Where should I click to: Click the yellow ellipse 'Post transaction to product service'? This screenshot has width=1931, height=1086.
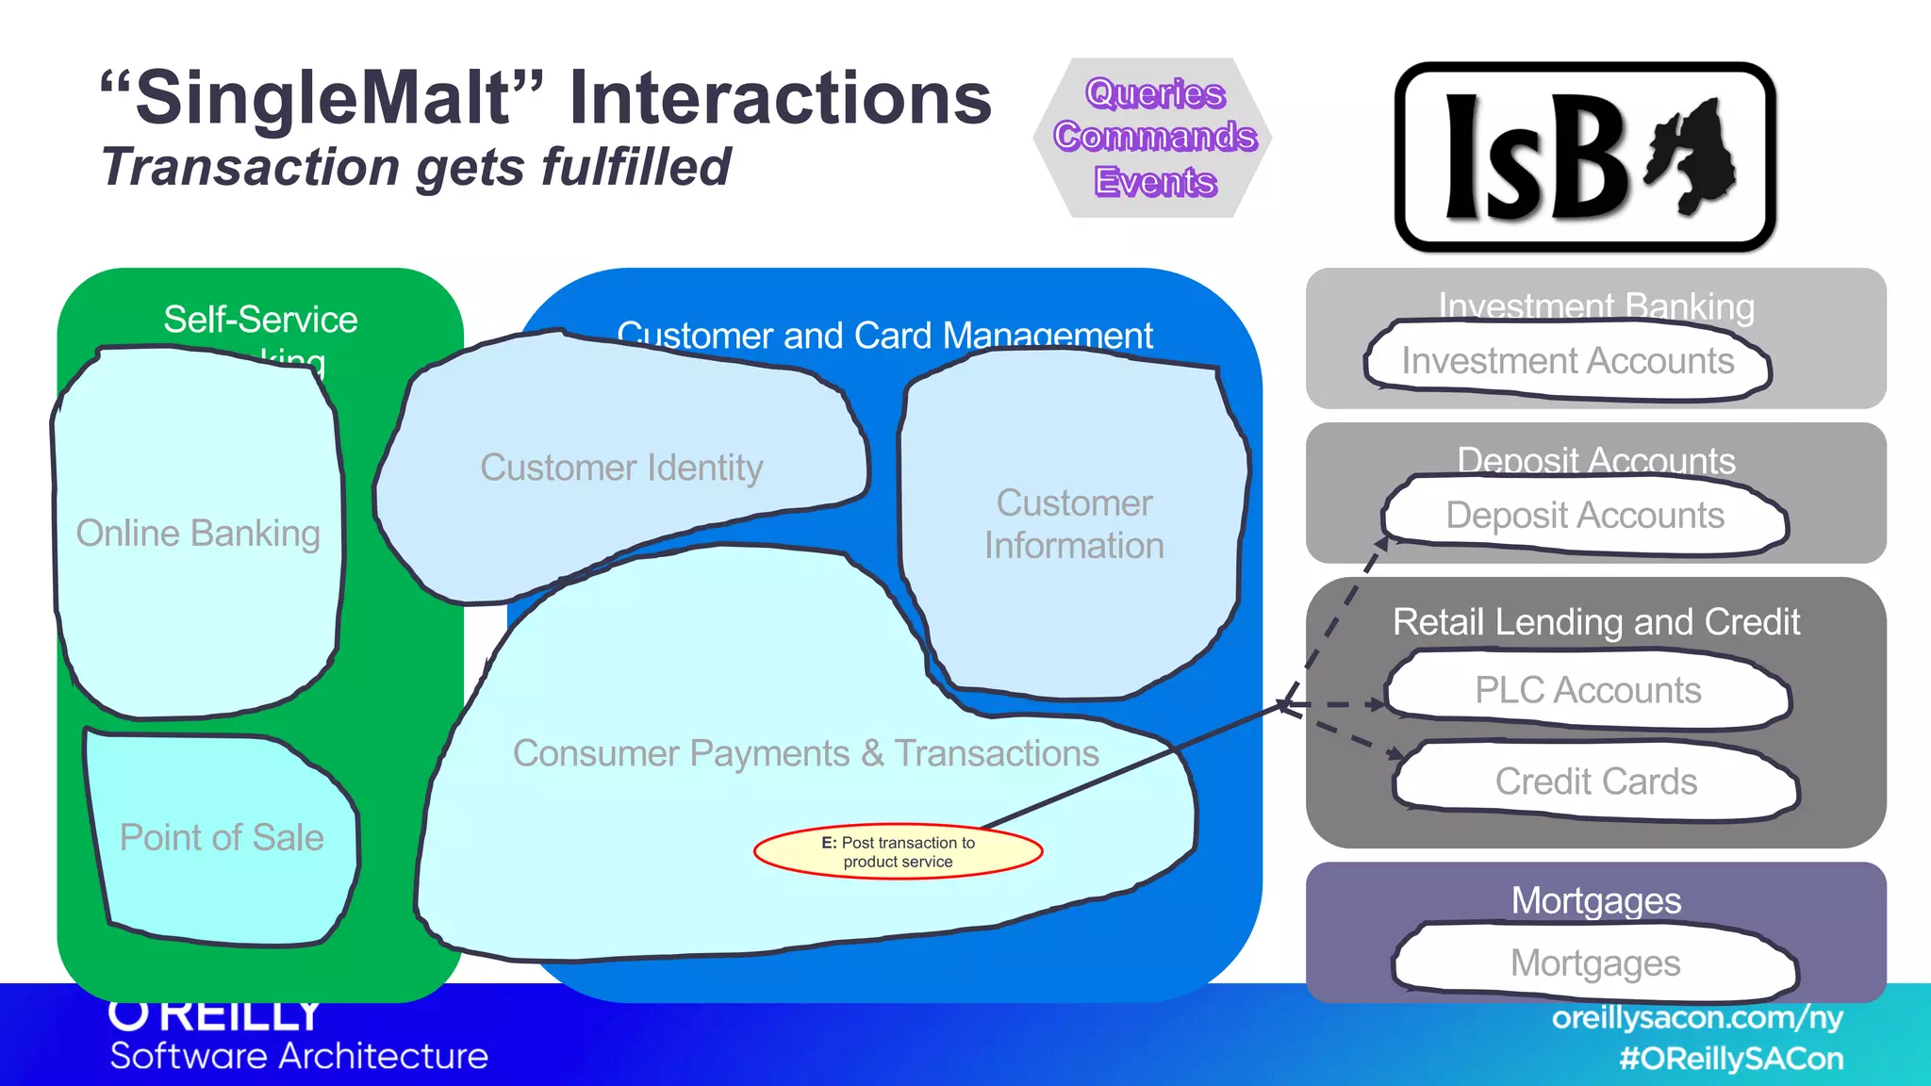[x=898, y=851]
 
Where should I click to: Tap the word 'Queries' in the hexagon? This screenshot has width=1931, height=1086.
[x=1155, y=93]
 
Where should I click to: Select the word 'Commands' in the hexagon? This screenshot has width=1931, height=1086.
[x=1155, y=137]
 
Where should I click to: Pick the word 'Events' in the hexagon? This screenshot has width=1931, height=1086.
[x=1155, y=181]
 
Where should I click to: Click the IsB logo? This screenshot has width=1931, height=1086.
[x=1585, y=157]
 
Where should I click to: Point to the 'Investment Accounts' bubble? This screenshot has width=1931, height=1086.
[x=1567, y=361]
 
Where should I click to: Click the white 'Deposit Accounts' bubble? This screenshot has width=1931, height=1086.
[x=1585, y=516]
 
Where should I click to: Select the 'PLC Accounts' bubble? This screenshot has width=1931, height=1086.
[x=1588, y=690]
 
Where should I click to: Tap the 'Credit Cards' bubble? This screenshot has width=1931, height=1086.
[x=1595, y=782]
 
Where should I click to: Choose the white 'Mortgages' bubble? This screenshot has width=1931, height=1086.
[x=1595, y=963]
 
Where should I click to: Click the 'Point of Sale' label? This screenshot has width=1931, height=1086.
[x=222, y=838]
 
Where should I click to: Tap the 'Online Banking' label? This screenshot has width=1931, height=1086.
[x=198, y=534]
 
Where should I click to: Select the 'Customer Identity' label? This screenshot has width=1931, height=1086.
[x=621, y=468]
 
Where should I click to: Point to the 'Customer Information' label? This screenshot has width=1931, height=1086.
[x=1074, y=524]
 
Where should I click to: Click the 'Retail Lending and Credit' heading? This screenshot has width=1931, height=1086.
[x=1595, y=622]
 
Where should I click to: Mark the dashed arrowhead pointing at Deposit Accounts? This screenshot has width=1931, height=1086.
[x=1382, y=545]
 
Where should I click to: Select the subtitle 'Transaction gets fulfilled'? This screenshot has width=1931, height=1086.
[x=416, y=167]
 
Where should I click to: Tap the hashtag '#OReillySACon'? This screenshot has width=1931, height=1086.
[x=1731, y=1059]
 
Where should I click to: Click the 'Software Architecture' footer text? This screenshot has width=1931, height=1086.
[x=299, y=1056]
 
